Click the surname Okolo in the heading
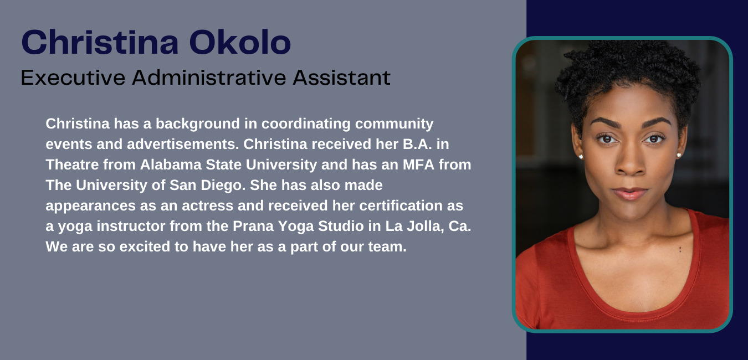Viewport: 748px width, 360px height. [240, 42]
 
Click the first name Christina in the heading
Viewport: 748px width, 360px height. [100, 42]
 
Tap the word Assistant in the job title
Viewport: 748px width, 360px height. [342, 78]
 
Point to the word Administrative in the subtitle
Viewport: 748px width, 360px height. [209, 78]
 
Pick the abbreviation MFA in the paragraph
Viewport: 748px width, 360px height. [418, 164]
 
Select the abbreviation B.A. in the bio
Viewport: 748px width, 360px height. [417, 144]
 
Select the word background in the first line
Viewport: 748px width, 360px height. [198, 124]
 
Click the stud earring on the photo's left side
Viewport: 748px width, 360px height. [580, 157]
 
